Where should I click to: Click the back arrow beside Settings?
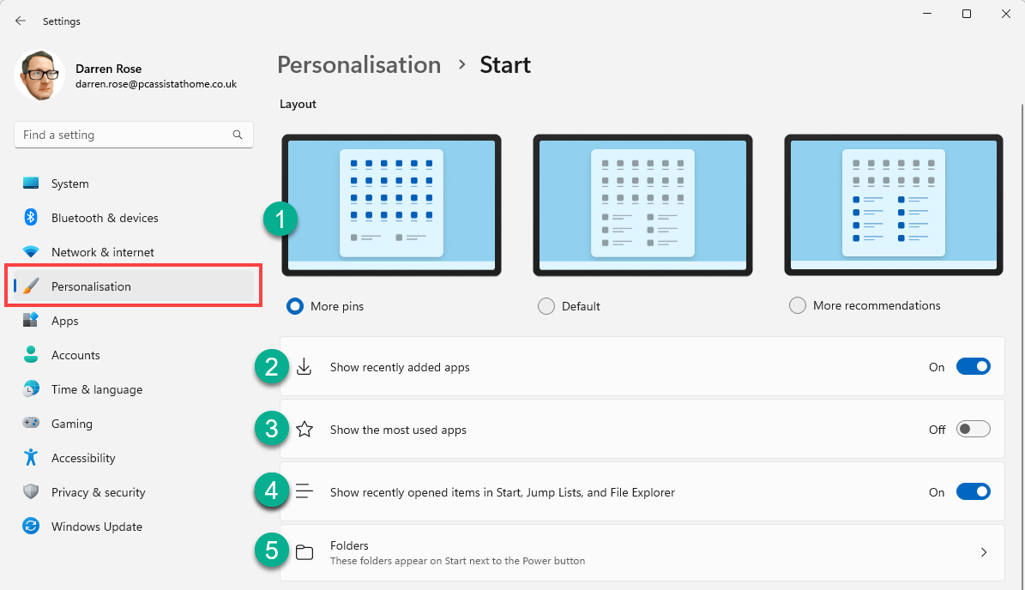pos(21,21)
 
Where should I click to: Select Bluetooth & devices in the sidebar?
pos(105,218)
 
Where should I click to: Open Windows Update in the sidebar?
pos(96,527)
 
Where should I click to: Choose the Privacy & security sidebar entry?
pos(98,492)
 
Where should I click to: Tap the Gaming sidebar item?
pos(72,424)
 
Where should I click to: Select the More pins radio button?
pos(295,306)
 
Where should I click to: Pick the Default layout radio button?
pos(546,306)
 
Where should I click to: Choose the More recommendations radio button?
pos(798,306)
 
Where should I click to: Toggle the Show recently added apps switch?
pos(973,367)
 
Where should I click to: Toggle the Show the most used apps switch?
pos(973,430)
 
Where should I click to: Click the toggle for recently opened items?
pos(973,492)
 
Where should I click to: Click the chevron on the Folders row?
pos(984,552)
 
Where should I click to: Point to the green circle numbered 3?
pos(272,429)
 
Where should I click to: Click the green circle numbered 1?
pos(280,220)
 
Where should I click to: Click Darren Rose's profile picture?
pos(39,75)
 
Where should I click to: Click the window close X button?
pos(1005,14)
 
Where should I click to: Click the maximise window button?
pos(966,14)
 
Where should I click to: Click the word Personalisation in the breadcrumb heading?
pos(359,65)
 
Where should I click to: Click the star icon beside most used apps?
pos(304,430)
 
